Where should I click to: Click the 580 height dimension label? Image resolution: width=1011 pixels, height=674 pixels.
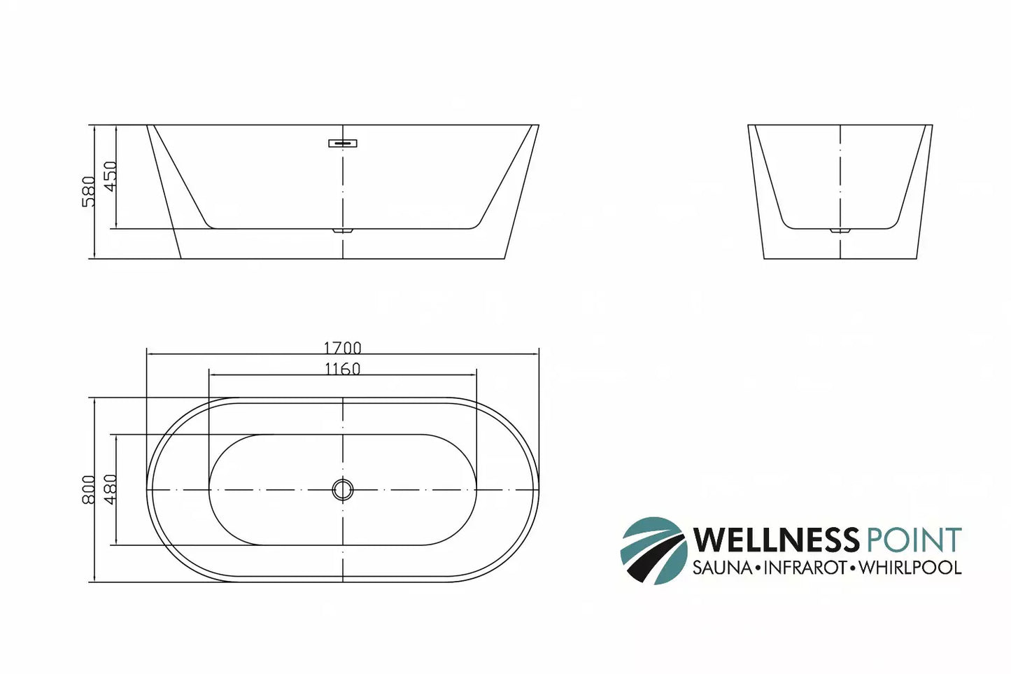pos(89,191)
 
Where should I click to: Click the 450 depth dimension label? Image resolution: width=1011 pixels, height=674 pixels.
pos(111,176)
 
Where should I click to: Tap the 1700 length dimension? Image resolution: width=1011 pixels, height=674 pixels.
pos(342,348)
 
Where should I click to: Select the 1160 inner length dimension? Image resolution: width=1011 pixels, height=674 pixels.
pos(342,369)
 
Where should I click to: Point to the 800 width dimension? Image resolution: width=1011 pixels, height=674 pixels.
pos(89,489)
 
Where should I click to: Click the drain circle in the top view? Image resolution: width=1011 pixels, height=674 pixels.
pos(342,489)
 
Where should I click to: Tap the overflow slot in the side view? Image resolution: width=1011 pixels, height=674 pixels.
pos(343,143)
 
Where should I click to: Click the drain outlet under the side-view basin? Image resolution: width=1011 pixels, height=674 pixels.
pos(343,230)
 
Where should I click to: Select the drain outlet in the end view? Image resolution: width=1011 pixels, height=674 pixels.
pos(840,230)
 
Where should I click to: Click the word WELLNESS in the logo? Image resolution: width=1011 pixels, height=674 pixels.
pos(776,540)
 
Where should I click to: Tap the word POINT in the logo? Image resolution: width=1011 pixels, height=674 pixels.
pos(913,540)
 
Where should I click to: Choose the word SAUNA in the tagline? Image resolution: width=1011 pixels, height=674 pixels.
pos(721,568)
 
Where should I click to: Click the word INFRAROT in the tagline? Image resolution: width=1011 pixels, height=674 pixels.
pos(805,568)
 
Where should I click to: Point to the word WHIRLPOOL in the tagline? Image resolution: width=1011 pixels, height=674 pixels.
pos(910,568)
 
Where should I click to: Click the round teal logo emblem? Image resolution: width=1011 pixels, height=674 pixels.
pos(653,550)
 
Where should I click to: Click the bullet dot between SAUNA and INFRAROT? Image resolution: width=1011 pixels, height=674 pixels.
pos(757,568)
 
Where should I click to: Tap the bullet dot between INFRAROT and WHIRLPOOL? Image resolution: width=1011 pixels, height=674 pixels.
pos(853,568)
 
